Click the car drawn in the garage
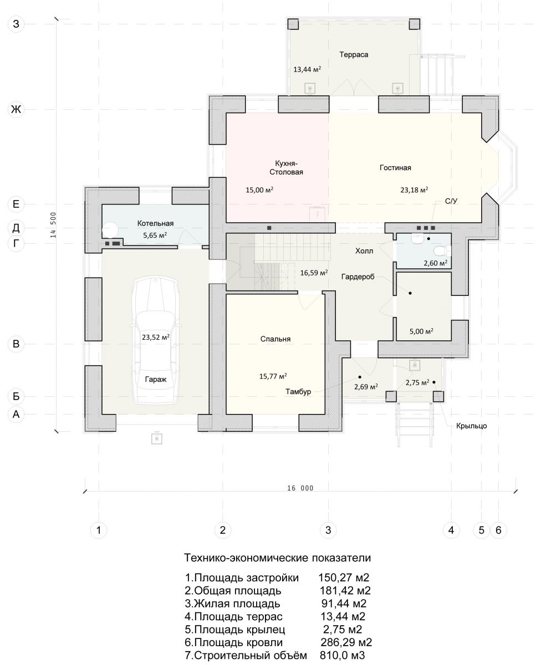coord(155,340)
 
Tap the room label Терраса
coord(354,55)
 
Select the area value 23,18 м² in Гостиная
coord(414,190)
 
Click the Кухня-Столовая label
coord(286,167)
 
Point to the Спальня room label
coord(275,339)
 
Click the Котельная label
coord(155,223)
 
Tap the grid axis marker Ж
coord(16,109)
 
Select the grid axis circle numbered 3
coord(328,530)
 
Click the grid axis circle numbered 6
coord(498,530)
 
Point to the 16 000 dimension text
coord(300,488)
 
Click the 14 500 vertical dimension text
coord(53,224)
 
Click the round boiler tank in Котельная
coord(110,230)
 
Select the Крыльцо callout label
coord(471,426)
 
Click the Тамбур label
coord(298,392)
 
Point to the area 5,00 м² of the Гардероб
coord(421,331)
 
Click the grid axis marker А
coord(16,414)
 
